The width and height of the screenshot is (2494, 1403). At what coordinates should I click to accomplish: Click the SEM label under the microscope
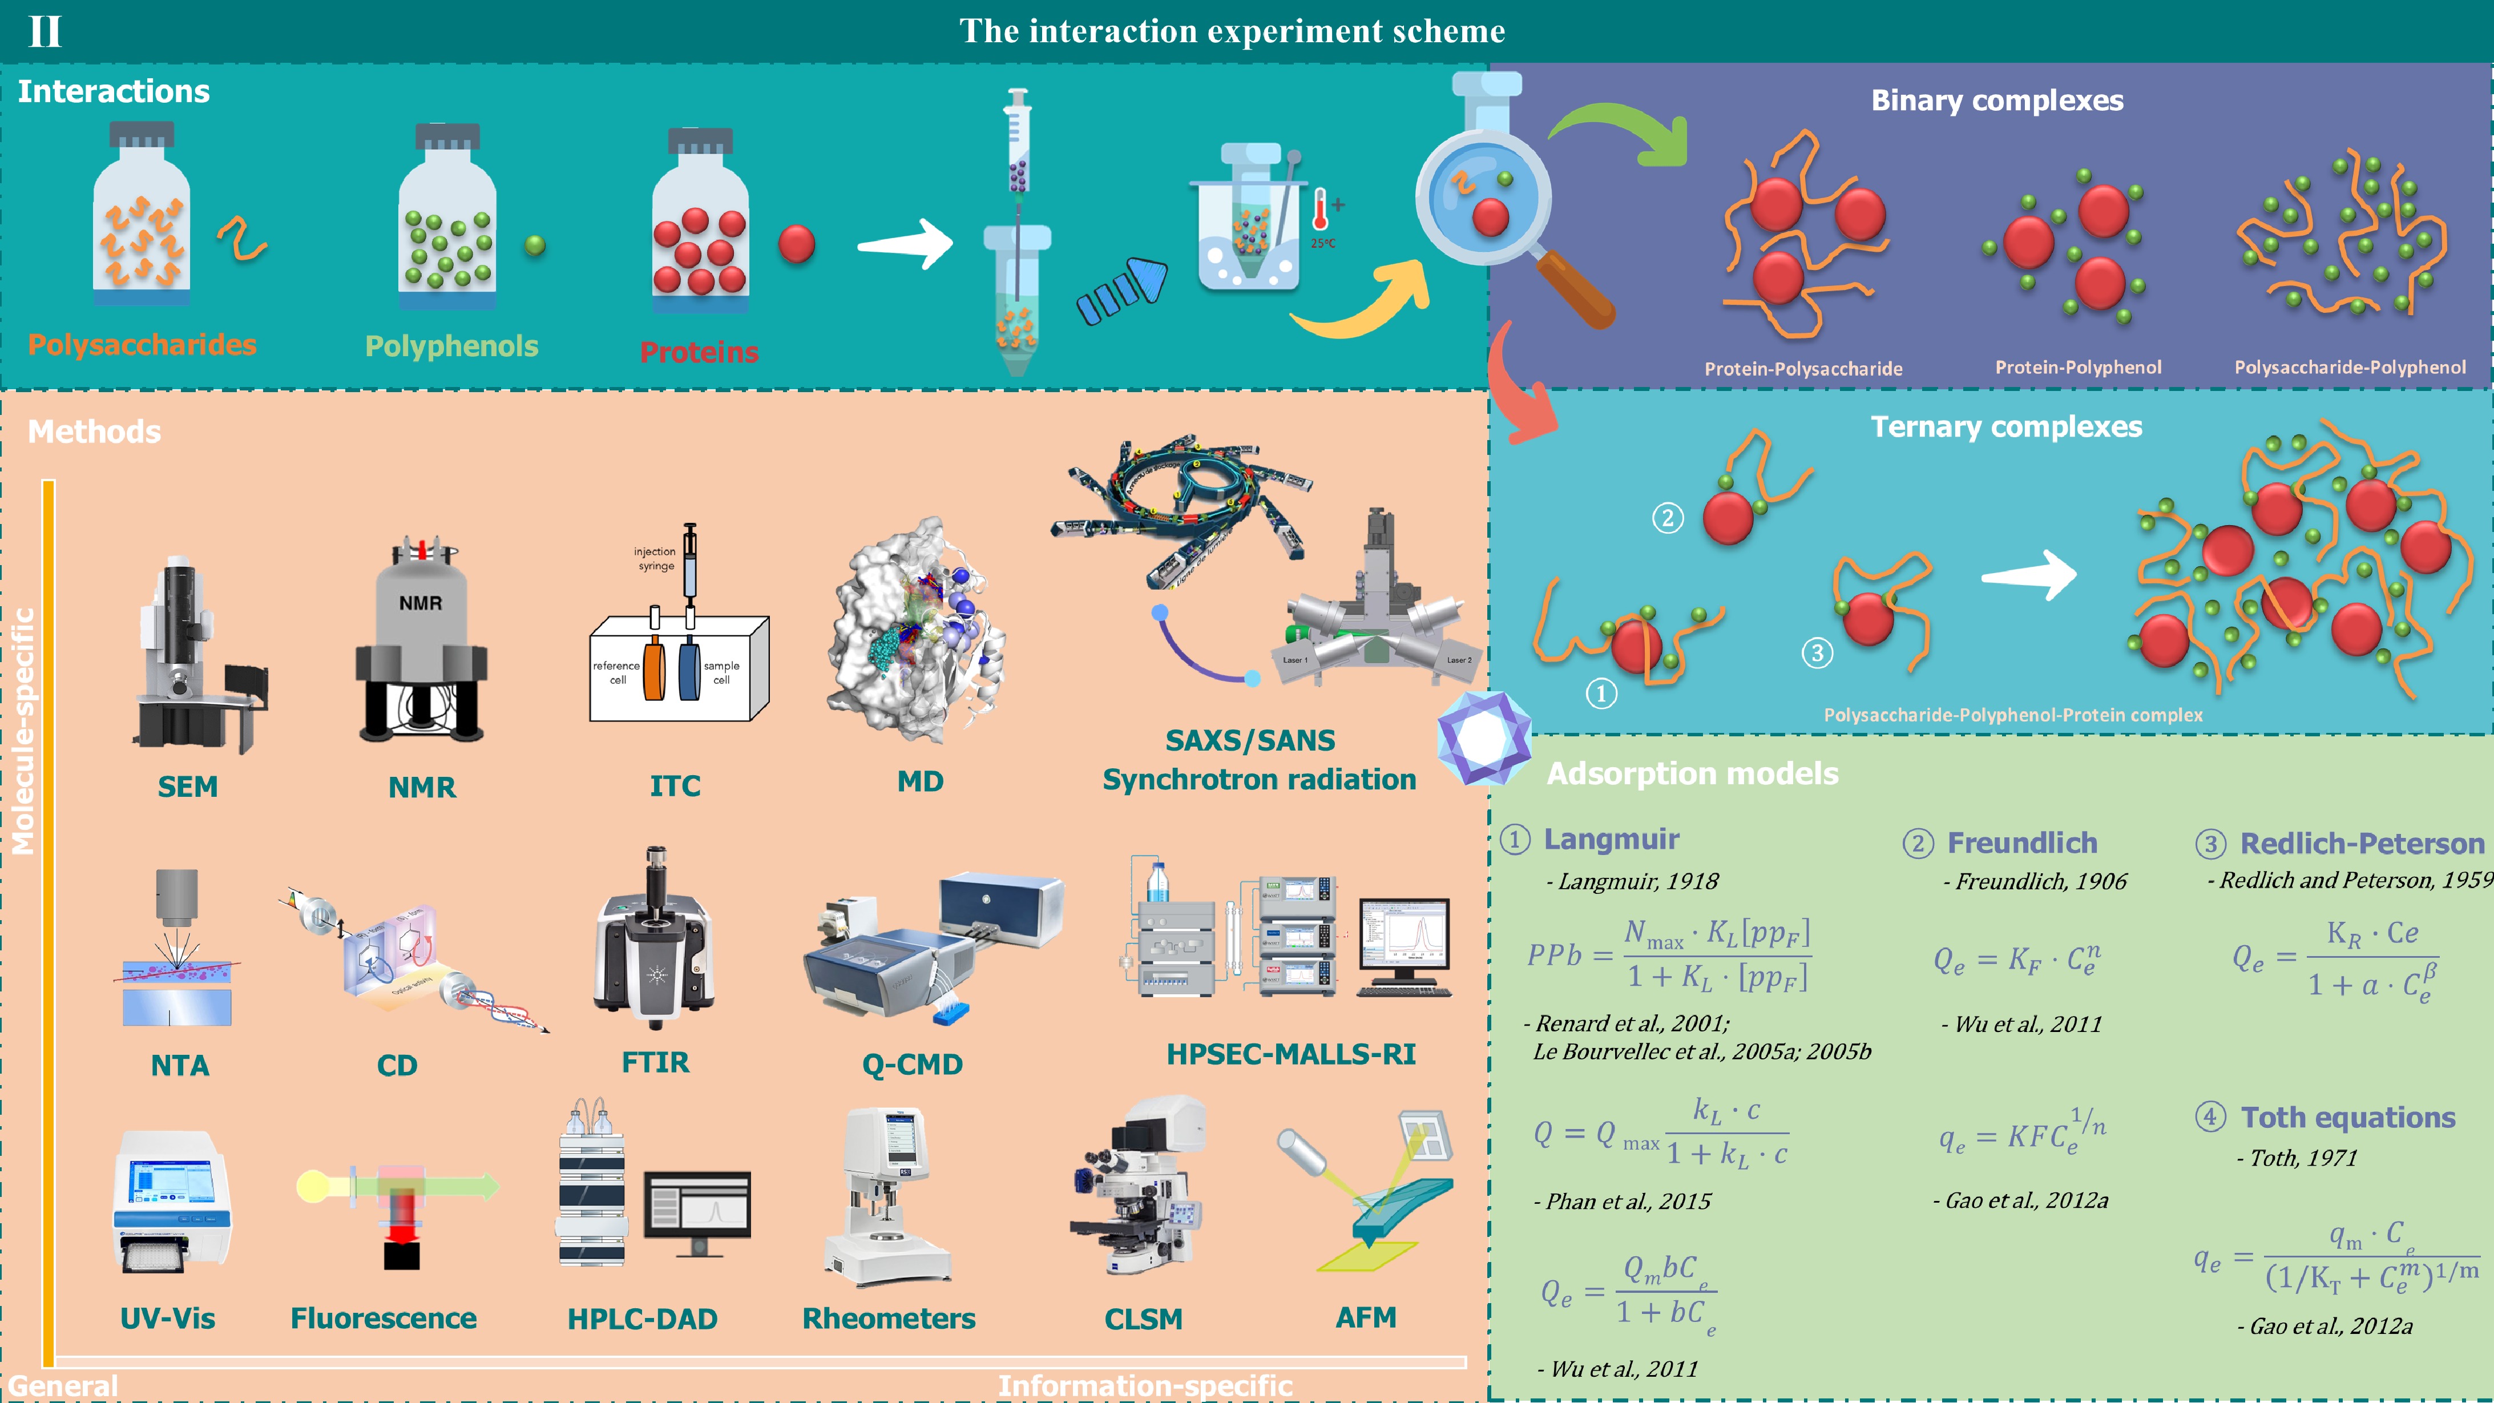(188, 786)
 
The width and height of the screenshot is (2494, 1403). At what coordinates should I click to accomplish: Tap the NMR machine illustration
(421, 639)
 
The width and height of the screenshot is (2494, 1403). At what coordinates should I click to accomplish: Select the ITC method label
(675, 785)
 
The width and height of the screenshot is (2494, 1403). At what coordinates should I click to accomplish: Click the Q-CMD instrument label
(912, 1063)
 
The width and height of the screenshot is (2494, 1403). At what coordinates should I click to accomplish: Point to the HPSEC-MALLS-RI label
(1290, 1054)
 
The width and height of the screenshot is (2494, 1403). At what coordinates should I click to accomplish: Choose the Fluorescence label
(384, 1318)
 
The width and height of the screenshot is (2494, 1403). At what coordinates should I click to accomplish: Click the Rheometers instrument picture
(886, 1196)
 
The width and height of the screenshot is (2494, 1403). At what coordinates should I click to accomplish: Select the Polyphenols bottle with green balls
(447, 223)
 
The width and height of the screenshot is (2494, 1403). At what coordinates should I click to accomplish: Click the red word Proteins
(699, 352)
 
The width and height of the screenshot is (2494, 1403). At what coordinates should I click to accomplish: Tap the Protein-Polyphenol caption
(2078, 367)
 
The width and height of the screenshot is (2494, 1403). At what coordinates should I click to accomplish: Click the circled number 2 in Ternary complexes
(1667, 518)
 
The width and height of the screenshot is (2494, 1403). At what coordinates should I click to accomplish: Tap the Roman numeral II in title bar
(45, 32)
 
